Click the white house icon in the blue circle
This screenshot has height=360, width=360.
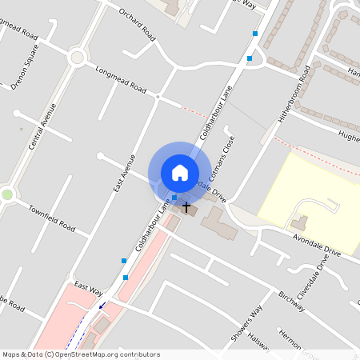tap(180, 173)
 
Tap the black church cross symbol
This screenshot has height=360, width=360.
tap(187, 207)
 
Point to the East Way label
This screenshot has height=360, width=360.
tap(88, 287)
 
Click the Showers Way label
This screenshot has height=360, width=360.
tap(247, 323)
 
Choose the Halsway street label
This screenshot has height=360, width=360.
tap(261, 342)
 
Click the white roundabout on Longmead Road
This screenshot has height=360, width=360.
tap(77, 57)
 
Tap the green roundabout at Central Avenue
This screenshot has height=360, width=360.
tap(7, 194)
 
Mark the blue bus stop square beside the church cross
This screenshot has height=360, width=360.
tap(174, 197)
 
